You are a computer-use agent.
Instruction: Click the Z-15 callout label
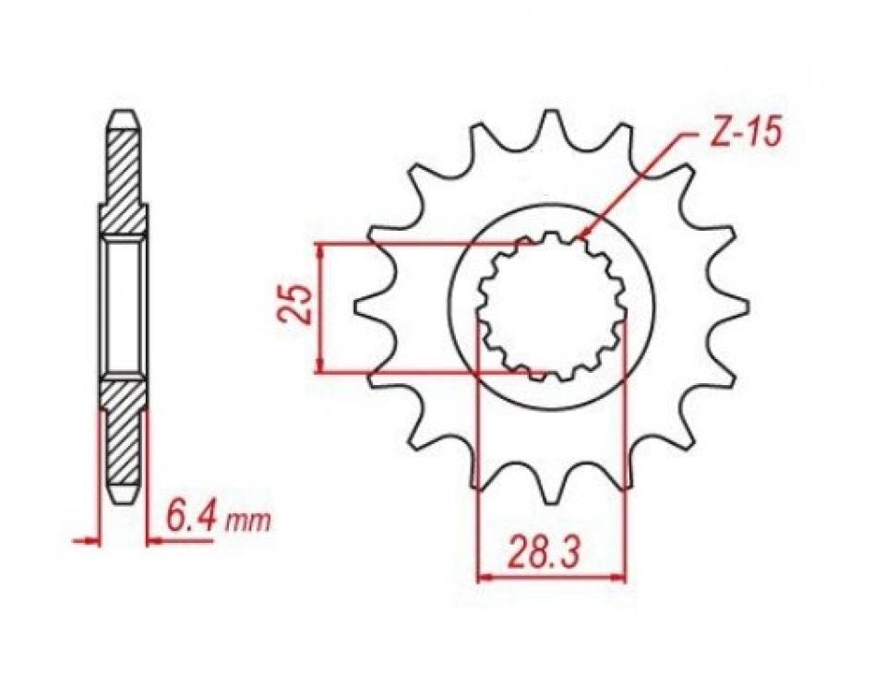pyautogui.click(x=747, y=133)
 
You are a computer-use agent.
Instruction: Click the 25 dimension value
pyautogui.click(x=296, y=305)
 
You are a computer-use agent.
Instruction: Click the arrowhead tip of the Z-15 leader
pyautogui.click(x=581, y=236)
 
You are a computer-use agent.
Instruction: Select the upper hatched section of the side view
pyautogui.click(x=124, y=182)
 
